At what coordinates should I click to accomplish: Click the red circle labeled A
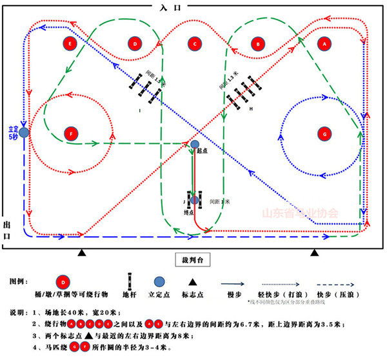tap(324, 43)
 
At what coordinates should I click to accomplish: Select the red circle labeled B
tap(258, 43)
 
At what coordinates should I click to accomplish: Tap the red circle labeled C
tap(193, 43)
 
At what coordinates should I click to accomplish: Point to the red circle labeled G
tap(324, 134)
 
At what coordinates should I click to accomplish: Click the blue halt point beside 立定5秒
tap(24, 132)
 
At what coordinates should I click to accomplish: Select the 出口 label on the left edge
tap(7, 230)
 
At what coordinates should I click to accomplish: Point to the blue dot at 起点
tap(195, 144)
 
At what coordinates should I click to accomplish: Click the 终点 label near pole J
tap(190, 213)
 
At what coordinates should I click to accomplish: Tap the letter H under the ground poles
tap(250, 110)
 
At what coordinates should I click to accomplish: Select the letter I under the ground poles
tap(139, 110)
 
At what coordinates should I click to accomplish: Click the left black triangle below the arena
tap(82, 252)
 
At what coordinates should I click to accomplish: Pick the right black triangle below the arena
tap(315, 252)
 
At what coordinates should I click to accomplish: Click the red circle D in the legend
tap(63, 281)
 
